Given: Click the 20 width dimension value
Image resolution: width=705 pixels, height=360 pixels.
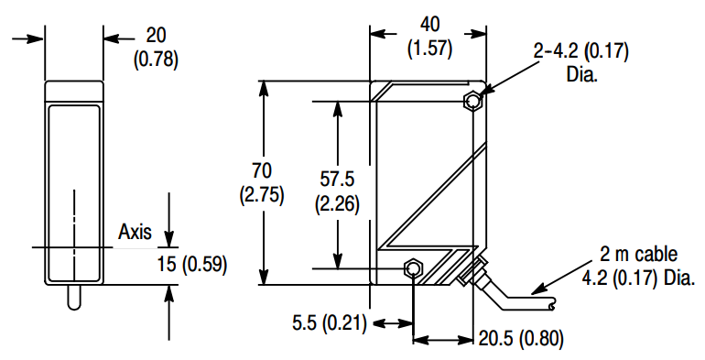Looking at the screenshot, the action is pyautogui.click(x=156, y=36).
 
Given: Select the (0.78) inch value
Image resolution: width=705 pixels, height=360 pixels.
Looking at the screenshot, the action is pyautogui.click(x=156, y=60).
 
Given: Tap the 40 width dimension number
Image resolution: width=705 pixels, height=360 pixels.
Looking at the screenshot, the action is pyautogui.click(x=429, y=25).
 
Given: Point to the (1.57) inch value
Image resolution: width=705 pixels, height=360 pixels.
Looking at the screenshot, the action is pyautogui.click(x=429, y=49).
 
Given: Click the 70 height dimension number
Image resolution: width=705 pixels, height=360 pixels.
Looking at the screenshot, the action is pyautogui.click(x=262, y=171).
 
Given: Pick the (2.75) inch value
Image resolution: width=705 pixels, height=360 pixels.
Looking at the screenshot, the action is pyautogui.click(x=262, y=195).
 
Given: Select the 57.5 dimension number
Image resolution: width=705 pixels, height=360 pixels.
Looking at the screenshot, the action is pyautogui.click(x=337, y=180).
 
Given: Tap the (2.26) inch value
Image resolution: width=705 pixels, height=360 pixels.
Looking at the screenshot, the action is pyautogui.click(x=337, y=204).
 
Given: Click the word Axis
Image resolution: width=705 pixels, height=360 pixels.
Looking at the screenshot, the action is pyautogui.click(x=135, y=232).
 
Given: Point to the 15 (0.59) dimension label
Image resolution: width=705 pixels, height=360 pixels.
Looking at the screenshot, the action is pyautogui.click(x=192, y=264).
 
